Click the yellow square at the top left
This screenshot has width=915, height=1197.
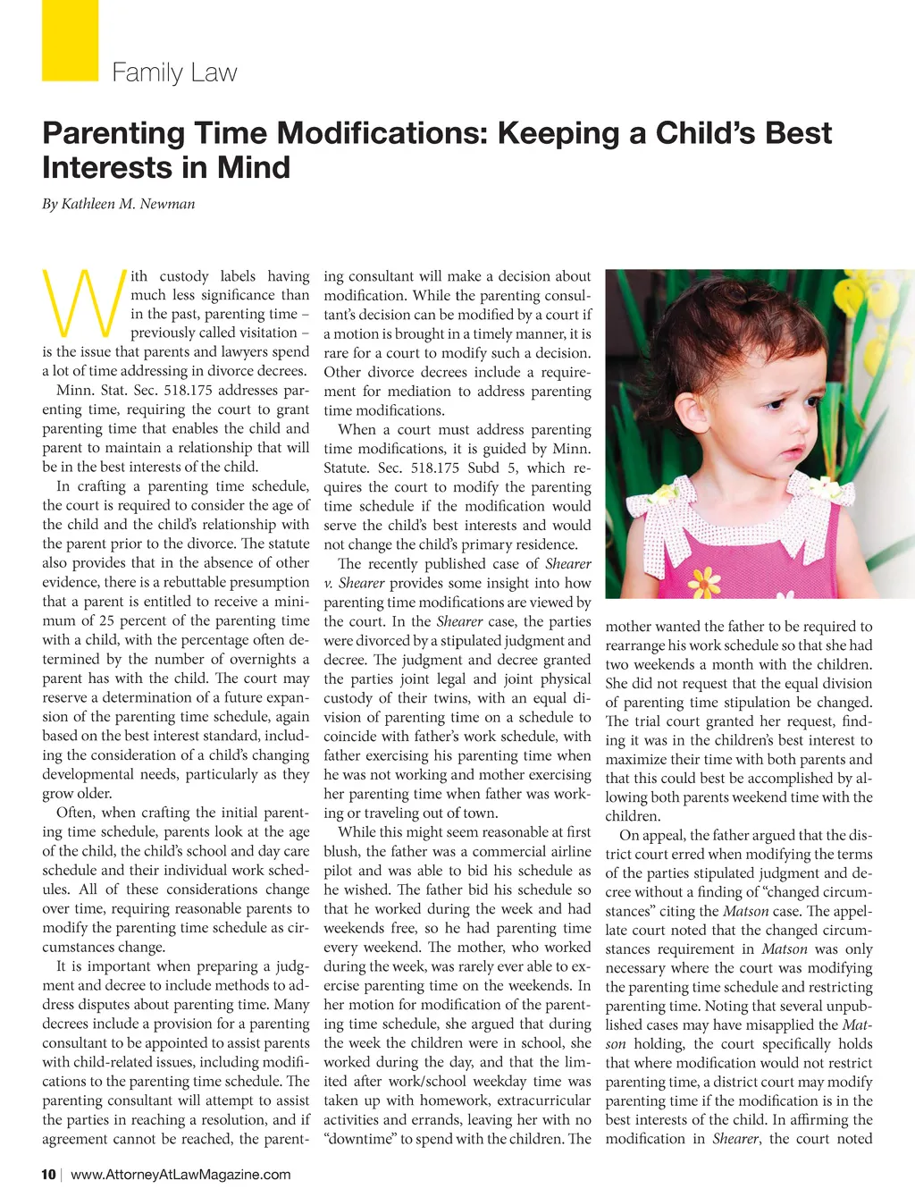pos(70,39)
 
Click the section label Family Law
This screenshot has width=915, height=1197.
pos(174,72)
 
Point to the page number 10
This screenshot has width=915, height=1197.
pos(48,1174)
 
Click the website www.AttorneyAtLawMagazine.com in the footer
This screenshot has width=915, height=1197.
pos(180,1174)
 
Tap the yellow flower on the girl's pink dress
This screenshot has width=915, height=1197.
pos(706,581)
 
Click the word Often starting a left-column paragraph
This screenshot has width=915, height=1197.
pos(75,813)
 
